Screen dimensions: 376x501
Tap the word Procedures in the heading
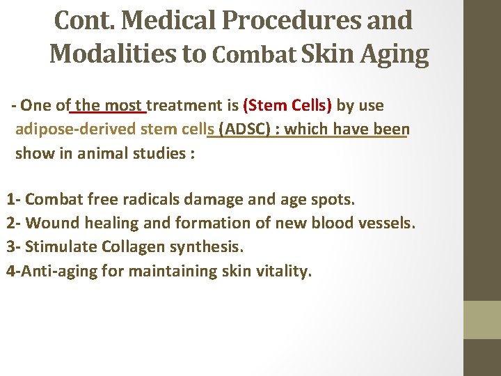pyautogui.click(x=289, y=20)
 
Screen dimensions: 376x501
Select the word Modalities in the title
pyautogui.click(x=114, y=54)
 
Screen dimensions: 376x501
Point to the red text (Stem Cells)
pyautogui.click(x=287, y=106)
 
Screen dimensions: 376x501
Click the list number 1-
pyautogui.click(x=13, y=199)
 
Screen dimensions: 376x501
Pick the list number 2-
pyautogui.click(x=13, y=224)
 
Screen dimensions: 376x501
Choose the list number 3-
pyautogui.click(x=13, y=247)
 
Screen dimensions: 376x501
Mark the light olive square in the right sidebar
pyautogui.click(x=482, y=320)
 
